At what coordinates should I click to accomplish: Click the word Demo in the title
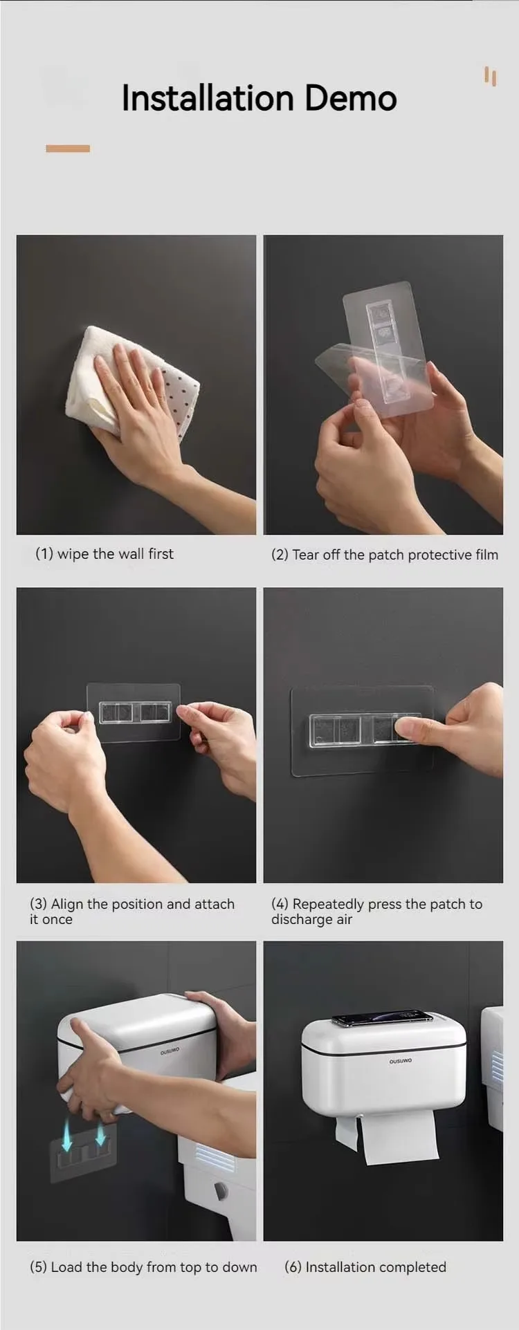point(350,98)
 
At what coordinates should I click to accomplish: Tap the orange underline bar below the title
point(68,149)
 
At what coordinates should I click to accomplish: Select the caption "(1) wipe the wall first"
point(104,554)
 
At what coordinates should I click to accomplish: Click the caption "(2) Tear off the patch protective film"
point(384,555)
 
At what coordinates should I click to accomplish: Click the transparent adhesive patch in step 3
point(134,712)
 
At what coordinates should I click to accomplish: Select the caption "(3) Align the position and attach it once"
point(131,911)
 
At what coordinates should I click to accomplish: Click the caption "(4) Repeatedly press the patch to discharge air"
point(376,911)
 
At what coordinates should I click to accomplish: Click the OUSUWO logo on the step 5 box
point(170,1051)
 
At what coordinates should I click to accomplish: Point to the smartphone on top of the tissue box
point(382,1017)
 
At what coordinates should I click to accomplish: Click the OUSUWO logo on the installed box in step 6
point(400,1061)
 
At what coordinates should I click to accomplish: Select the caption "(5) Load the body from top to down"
point(143,1267)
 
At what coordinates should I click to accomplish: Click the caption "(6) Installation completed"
point(365,1267)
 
